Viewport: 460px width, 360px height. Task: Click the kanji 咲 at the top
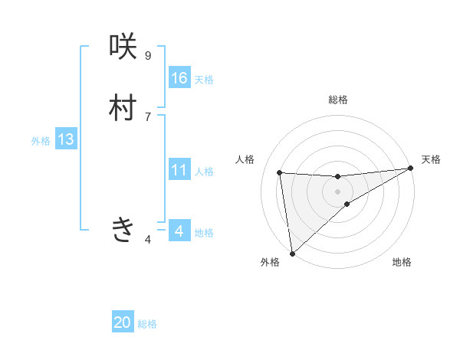pos(123,47)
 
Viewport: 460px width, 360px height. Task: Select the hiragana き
pos(123,229)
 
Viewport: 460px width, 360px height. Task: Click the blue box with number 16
pos(179,78)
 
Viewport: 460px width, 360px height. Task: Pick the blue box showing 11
pos(179,170)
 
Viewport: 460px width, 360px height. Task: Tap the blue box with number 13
pos(66,139)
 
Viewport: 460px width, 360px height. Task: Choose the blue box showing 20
pos(123,322)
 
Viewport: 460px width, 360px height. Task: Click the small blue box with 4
pos(179,231)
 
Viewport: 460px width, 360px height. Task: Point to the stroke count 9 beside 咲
pos(147,56)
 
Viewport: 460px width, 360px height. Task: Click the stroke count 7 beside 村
pos(147,116)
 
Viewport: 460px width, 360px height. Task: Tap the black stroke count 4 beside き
pos(147,240)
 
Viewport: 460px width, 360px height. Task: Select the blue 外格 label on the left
pos(41,141)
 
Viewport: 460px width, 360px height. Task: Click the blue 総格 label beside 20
pos(147,324)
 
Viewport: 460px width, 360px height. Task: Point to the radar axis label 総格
pos(338,100)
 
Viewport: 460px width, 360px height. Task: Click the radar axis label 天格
pos(431,159)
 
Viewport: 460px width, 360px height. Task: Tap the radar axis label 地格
pos(402,262)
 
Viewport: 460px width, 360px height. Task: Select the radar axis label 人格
pos(245,159)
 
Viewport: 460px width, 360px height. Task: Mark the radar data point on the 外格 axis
pos(292,253)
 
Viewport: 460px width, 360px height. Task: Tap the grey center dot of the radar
pos(338,191)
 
